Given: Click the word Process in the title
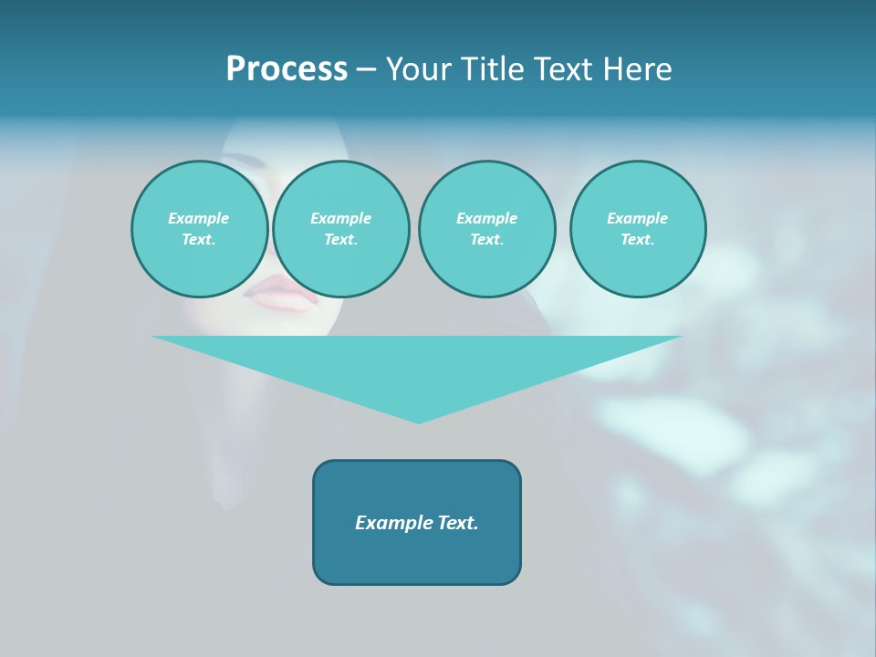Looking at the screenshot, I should (x=287, y=69).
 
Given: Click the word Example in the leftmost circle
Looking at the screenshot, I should (x=199, y=218).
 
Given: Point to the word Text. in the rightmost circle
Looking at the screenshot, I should (x=638, y=240).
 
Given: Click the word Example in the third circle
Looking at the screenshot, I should (x=486, y=218).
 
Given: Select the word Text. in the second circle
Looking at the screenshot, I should (x=340, y=240).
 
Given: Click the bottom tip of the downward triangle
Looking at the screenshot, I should (x=418, y=421).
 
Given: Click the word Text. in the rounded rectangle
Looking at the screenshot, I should (x=459, y=523).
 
